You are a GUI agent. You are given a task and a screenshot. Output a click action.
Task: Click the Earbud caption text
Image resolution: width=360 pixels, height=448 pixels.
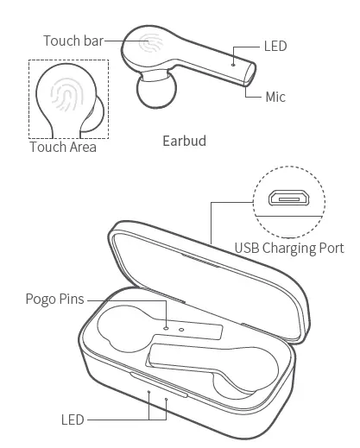pyautogui.click(x=184, y=141)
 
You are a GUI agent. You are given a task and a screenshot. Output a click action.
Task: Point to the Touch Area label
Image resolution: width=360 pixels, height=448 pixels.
pyautogui.click(x=63, y=147)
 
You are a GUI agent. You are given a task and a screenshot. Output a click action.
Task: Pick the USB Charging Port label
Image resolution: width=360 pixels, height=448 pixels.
pyautogui.click(x=289, y=249)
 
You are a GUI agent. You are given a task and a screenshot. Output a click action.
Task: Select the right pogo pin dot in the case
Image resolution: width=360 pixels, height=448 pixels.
pyautogui.click(x=181, y=329)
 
